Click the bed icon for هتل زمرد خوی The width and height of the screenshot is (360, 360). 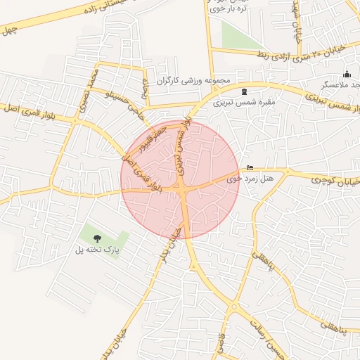tap(250, 168)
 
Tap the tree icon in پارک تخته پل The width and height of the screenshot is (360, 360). tap(97, 238)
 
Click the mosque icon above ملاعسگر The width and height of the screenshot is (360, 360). tap(346, 75)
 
